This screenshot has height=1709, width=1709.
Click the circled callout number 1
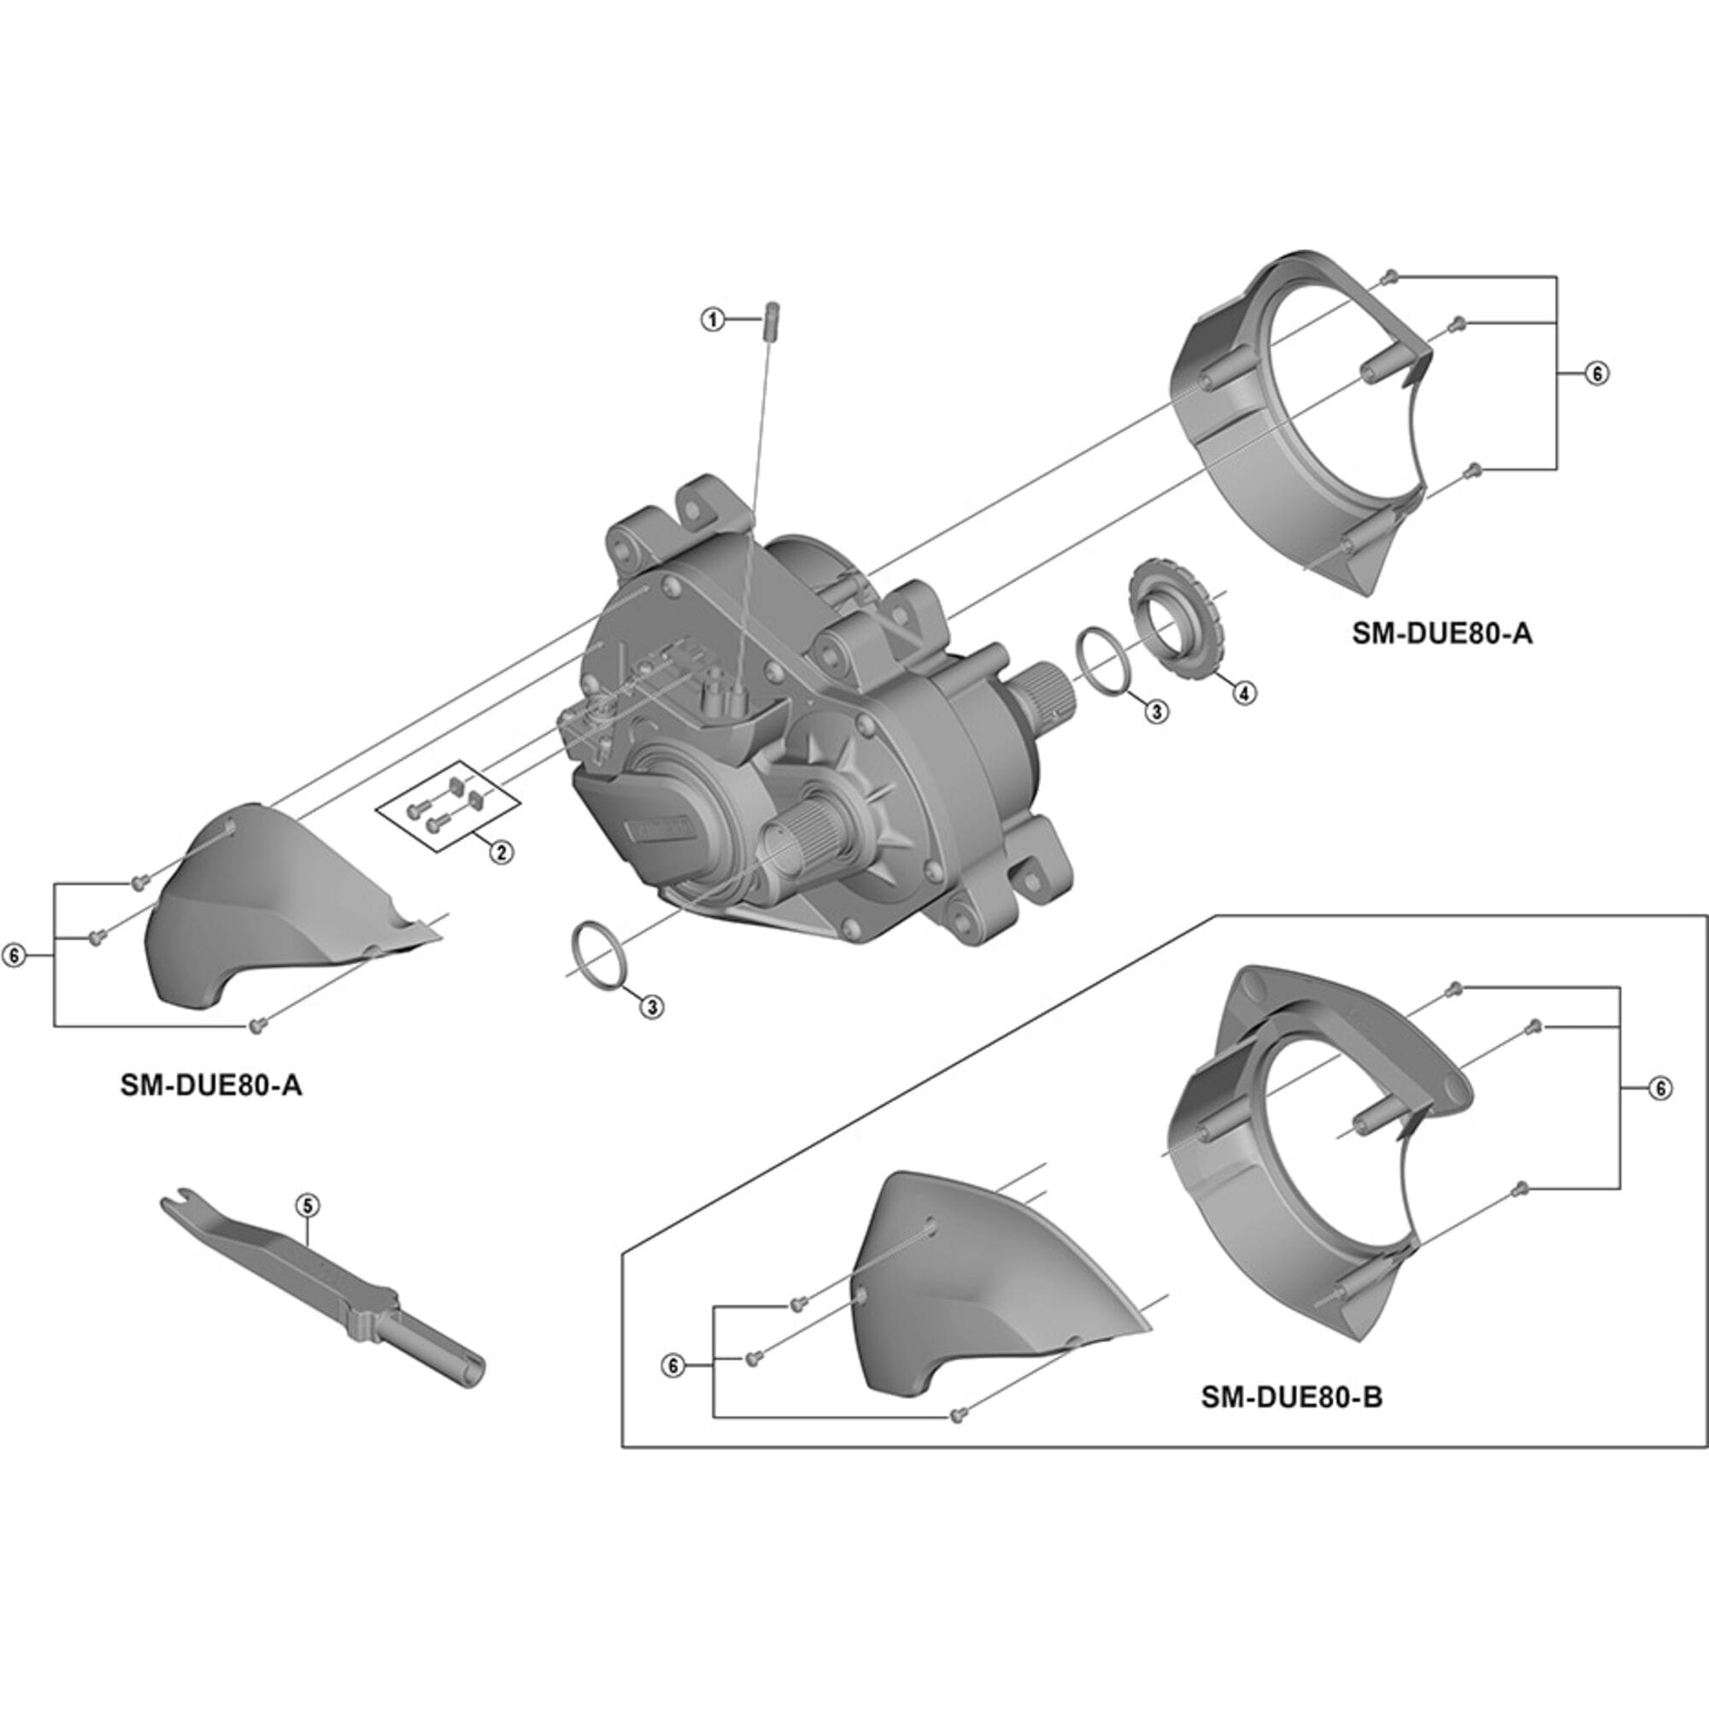pos(713,320)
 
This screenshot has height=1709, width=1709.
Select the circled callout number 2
pos(501,852)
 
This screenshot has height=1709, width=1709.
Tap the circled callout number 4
pos(1242,693)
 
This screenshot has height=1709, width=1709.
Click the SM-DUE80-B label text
pos(1290,1398)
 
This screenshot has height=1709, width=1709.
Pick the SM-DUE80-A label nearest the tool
pos(210,1086)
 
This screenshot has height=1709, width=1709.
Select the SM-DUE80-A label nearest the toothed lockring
pos(1441,633)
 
